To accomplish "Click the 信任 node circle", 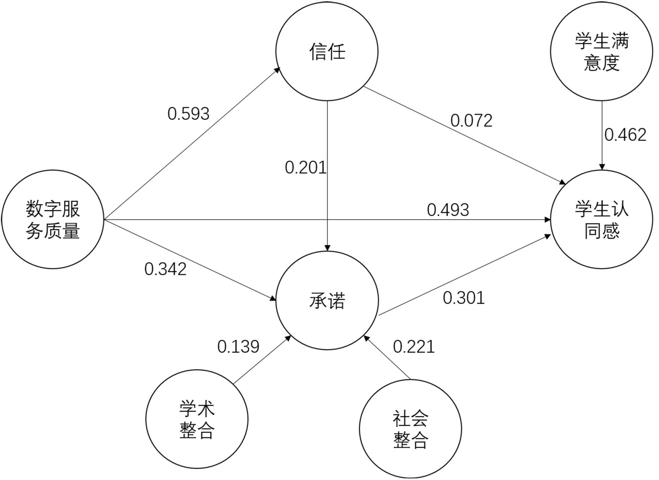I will tap(327, 51).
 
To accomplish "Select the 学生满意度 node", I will tap(601, 51).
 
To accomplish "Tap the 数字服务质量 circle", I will tap(53, 219).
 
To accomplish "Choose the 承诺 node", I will tap(327, 300).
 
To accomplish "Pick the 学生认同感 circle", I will tap(601, 219).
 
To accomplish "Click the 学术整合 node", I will tap(197, 419).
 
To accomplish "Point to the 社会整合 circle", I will tap(410, 429).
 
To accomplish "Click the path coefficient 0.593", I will tap(188, 114).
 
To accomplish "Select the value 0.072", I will tap(471, 121).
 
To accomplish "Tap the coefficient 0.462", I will tap(625, 135).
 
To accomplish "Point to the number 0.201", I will tap(305, 168).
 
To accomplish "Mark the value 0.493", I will tap(448, 210).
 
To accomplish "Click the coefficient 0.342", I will tap(165, 269).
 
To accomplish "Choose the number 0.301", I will tap(464, 298).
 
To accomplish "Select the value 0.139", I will tap(238, 347).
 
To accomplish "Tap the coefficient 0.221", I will tap(414, 347).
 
